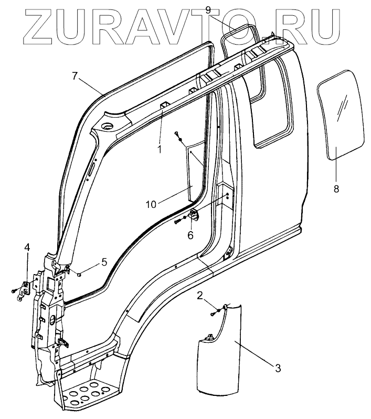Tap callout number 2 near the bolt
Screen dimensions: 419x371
point(200,296)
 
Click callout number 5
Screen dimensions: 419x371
point(104,261)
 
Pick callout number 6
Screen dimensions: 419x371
point(191,236)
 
